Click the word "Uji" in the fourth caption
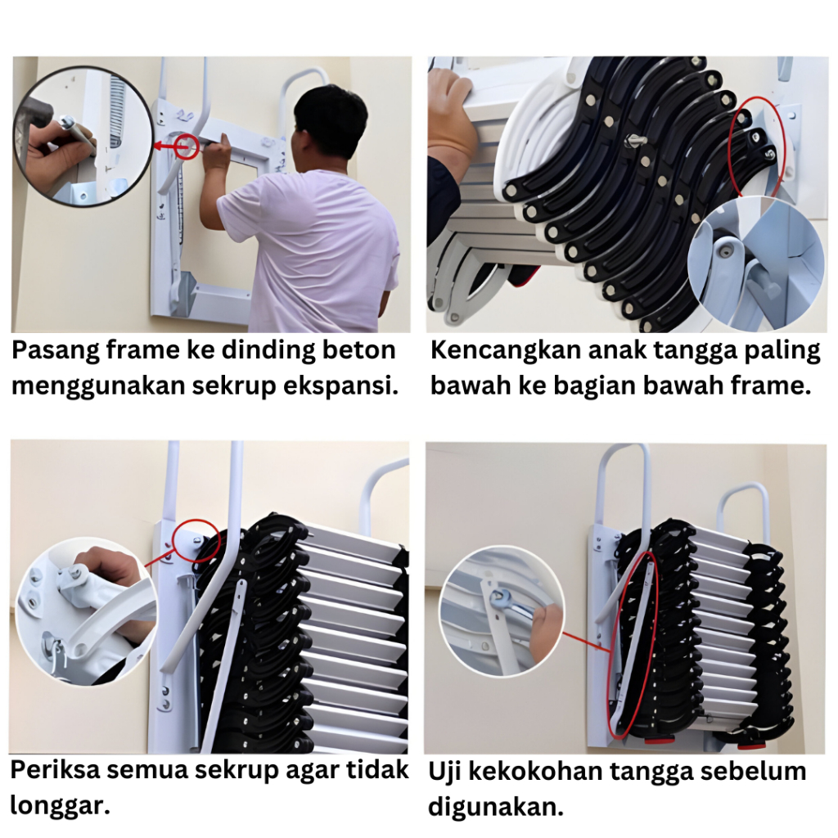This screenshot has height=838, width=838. (x=445, y=773)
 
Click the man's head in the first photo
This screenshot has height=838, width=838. (x=331, y=125)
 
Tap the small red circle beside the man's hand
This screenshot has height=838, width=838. (x=187, y=146)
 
